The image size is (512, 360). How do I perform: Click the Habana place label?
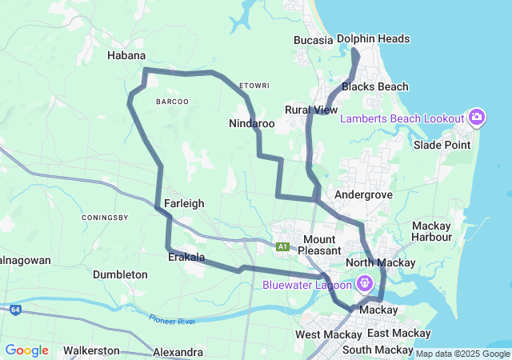click(x=126, y=55)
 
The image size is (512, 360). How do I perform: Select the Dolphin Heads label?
click(x=373, y=38)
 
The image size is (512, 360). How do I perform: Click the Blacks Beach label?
click(x=374, y=86)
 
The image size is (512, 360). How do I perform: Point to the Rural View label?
click(x=311, y=110)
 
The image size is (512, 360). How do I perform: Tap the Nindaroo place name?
click(x=251, y=124)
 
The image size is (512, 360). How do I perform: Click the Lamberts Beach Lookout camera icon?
click(x=477, y=118)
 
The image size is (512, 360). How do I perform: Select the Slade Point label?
click(x=440, y=145)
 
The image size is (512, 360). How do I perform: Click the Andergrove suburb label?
click(x=363, y=194)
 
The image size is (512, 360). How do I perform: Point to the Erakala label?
click(x=186, y=258)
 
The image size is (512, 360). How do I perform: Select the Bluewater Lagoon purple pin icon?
click(x=365, y=283)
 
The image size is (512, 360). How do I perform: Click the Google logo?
click(x=26, y=350)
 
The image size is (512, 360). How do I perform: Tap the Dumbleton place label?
click(x=120, y=274)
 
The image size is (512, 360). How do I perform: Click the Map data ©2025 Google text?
click(x=462, y=354)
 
